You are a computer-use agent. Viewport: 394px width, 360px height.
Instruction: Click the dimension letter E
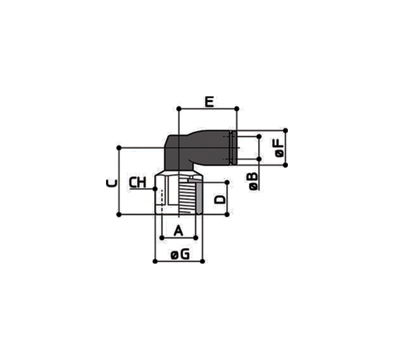click(209, 102)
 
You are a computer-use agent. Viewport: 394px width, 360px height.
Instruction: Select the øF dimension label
click(279, 148)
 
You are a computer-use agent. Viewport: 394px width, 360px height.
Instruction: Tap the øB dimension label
click(254, 181)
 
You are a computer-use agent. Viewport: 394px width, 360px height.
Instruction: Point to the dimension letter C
click(112, 183)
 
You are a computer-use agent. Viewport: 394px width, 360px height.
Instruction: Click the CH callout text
click(138, 183)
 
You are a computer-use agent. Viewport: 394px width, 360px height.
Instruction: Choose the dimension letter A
click(178, 230)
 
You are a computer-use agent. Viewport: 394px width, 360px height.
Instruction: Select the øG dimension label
click(180, 255)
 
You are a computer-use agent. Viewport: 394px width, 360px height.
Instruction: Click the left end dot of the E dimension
click(179, 109)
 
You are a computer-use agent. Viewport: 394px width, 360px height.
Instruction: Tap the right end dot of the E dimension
click(237, 109)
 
